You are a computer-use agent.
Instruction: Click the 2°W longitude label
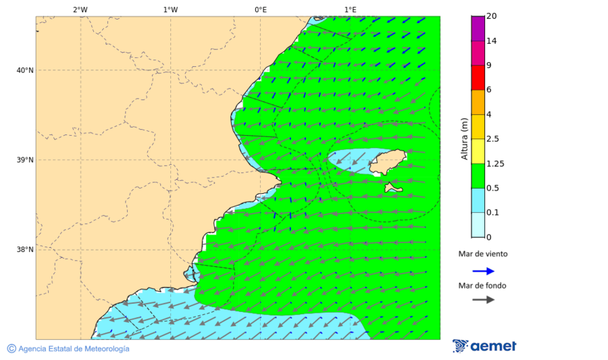click(x=80, y=9)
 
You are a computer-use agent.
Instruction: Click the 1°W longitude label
click(x=170, y=9)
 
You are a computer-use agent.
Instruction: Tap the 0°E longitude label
click(x=260, y=9)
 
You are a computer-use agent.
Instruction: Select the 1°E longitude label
click(x=350, y=9)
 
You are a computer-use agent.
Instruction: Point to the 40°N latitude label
click(x=24, y=70)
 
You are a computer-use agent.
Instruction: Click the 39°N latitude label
click(x=24, y=160)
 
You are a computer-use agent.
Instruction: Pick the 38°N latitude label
click(x=24, y=250)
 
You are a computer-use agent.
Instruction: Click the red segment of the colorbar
click(x=478, y=78)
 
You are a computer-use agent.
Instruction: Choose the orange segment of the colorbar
click(x=478, y=102)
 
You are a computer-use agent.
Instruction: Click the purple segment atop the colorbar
click(x=478, y=28)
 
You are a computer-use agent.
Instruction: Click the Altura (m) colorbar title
click(x=464, y=138)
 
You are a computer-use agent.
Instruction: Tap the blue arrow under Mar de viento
click(x=483, y=271)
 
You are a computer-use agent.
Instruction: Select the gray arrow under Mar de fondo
click(x=483, y=300)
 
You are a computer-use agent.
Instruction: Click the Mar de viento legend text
click(x=482, y=254)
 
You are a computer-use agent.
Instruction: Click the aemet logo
click(x=484, y=346)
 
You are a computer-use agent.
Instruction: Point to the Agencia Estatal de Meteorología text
click(x=73, y=349)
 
